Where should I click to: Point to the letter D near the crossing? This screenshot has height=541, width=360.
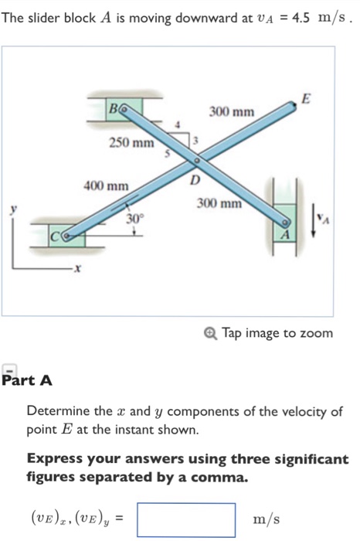click(x=194, y=180)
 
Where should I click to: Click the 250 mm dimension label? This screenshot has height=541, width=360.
click(x=131, y=143)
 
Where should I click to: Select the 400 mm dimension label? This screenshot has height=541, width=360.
click(x=106, y=185)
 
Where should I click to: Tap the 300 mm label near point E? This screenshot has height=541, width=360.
click(x=231, y=113)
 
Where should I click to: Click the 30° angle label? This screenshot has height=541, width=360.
click(x=135, y=219)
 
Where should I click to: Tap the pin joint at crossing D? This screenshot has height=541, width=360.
click(x=196, y=161)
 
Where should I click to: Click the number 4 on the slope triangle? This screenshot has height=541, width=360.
click(x=178, y=124)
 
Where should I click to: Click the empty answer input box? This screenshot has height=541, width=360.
click(x=186, y=519)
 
